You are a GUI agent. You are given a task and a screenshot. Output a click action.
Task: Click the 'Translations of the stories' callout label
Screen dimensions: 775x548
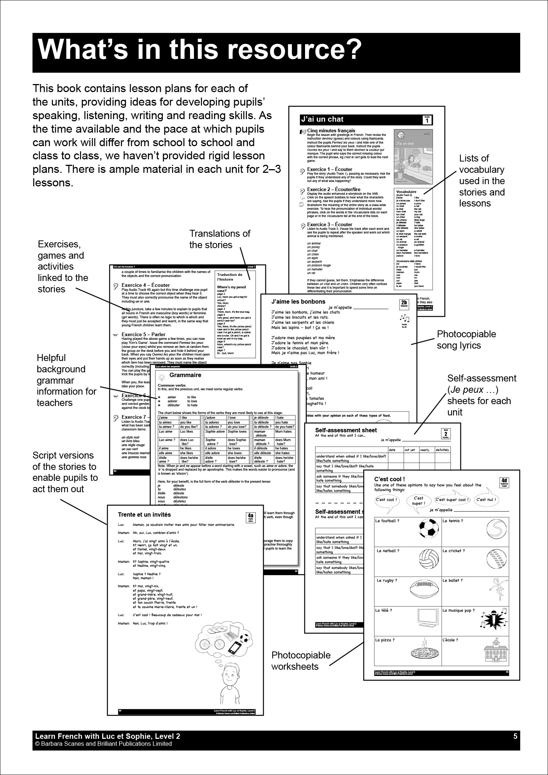(x=220, y=239)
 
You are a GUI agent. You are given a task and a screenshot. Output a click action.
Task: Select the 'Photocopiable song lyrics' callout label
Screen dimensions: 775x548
(x=466, y=339)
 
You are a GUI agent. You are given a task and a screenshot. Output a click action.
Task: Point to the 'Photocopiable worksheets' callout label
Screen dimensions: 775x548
(x=301, y=661)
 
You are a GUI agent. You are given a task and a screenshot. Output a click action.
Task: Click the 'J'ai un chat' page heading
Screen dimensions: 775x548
(x=322, y=119)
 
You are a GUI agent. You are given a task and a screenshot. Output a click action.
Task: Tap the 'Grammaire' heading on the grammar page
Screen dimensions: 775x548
(x=185, y=375)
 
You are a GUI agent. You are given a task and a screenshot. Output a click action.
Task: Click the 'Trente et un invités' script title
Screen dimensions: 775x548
(x=144, y=514)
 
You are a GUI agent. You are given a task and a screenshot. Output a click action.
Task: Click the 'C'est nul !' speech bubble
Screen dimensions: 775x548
(x=488, y=499)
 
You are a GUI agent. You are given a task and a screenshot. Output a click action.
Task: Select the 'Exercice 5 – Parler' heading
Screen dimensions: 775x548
(x=143, y=334)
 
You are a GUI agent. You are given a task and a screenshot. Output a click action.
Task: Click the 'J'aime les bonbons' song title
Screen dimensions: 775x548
(x=298, y=301)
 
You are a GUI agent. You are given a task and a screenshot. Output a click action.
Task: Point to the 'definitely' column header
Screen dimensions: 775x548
(x=442, y=450)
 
